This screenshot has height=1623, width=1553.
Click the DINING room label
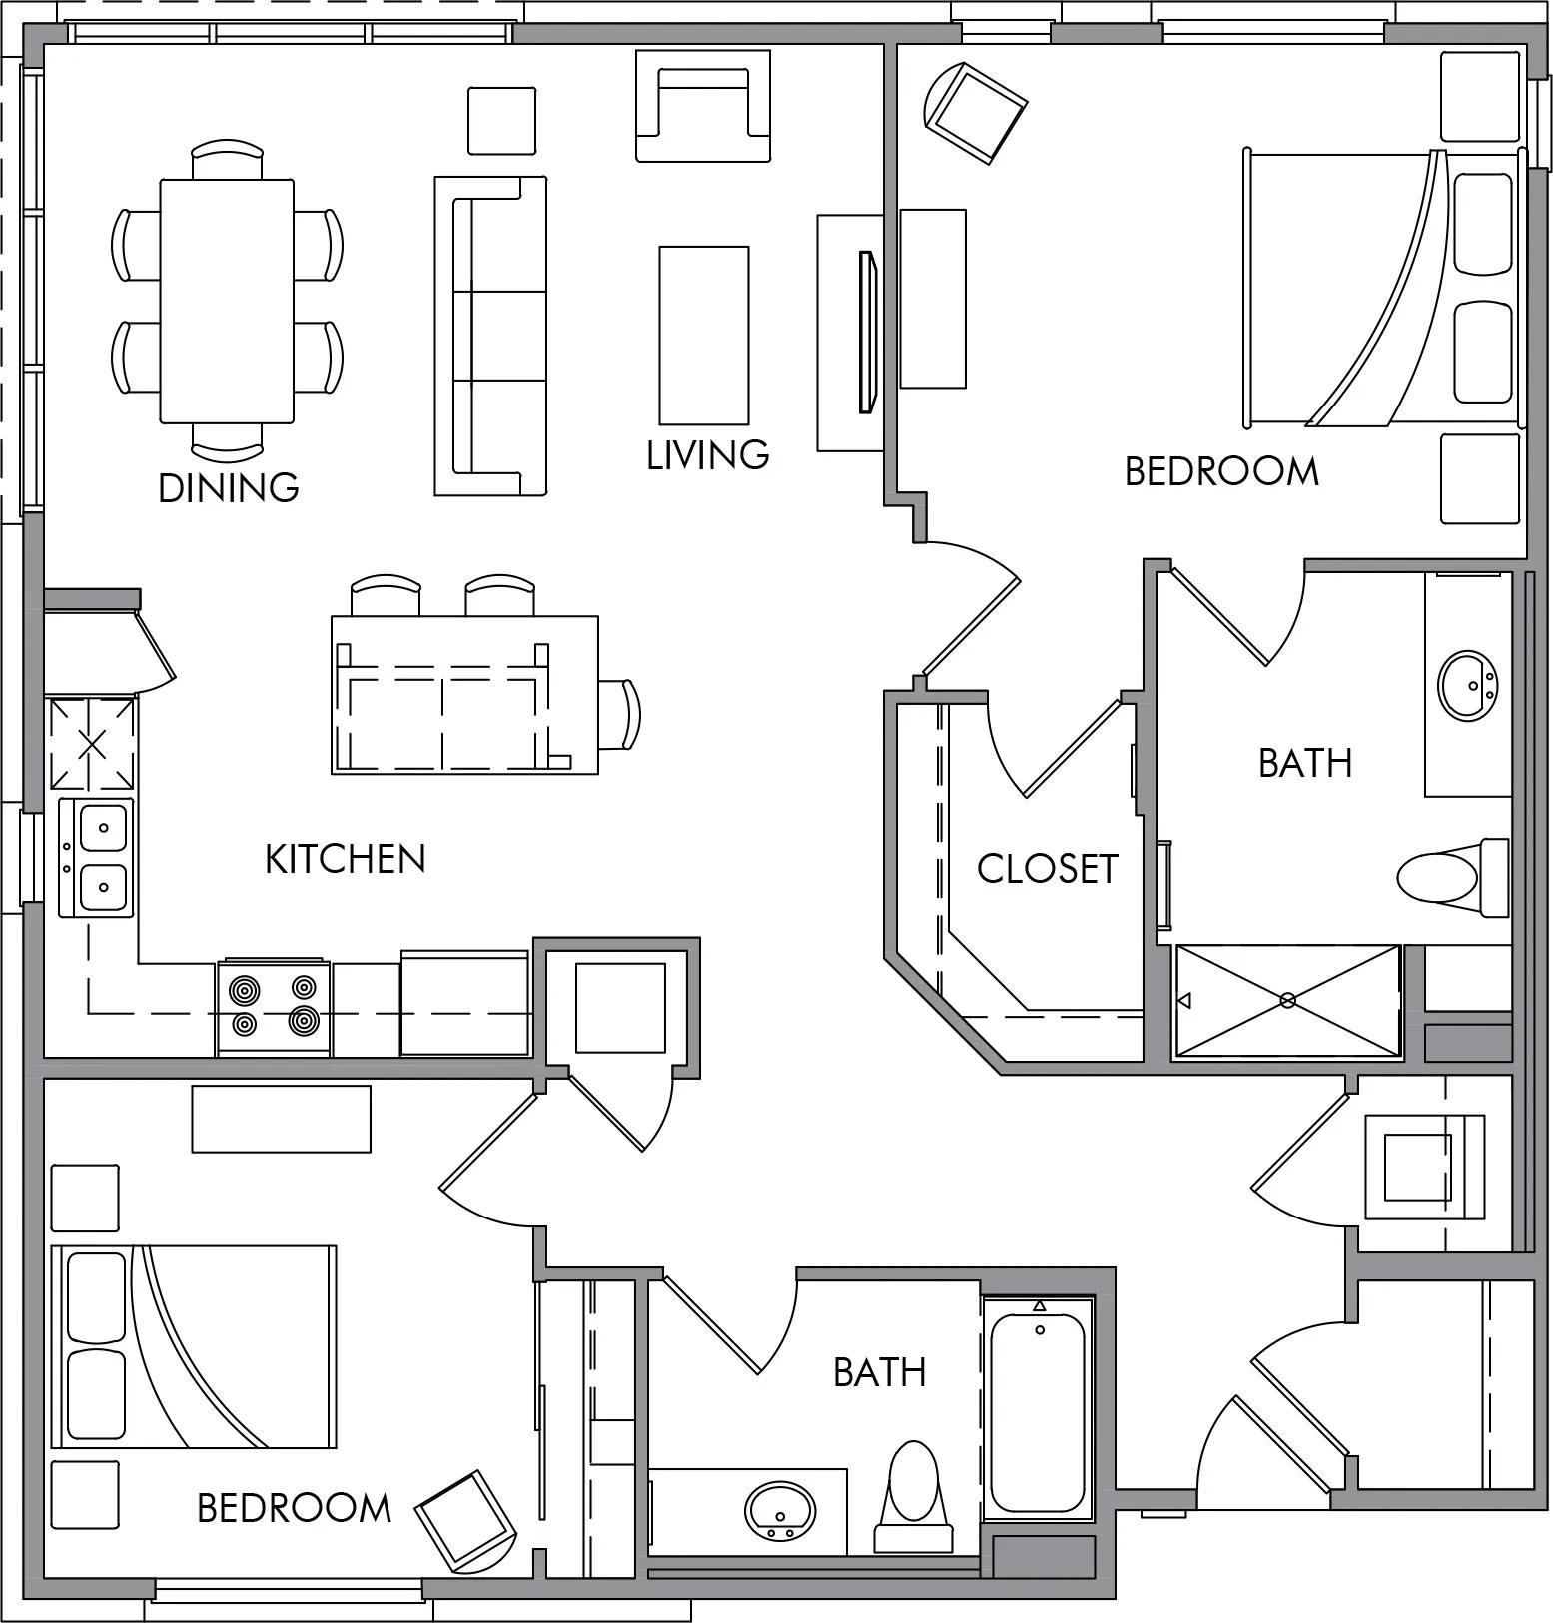tap(229, 487)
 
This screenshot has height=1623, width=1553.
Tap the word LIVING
tap(708, 454)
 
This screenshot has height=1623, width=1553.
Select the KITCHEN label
tap(346, 859)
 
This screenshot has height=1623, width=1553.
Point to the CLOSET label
tap(1048, 868)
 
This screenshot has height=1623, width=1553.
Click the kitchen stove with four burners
tap(274, 1007)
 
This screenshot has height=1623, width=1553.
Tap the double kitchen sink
tap(96, 859)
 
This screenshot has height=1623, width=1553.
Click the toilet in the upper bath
tap(1453, 876)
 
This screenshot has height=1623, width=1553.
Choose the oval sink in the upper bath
tap(1467, 685)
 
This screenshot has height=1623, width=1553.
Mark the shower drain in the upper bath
tap(1287, 999)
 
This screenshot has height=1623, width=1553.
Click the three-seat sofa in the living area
tap(490, 336)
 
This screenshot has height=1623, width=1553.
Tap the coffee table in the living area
tap(704, 336)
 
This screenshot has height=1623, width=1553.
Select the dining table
tap(228, 301)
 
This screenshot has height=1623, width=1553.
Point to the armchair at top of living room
tap(704, 106)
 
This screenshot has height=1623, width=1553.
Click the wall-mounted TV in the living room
tap(867, 332)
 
